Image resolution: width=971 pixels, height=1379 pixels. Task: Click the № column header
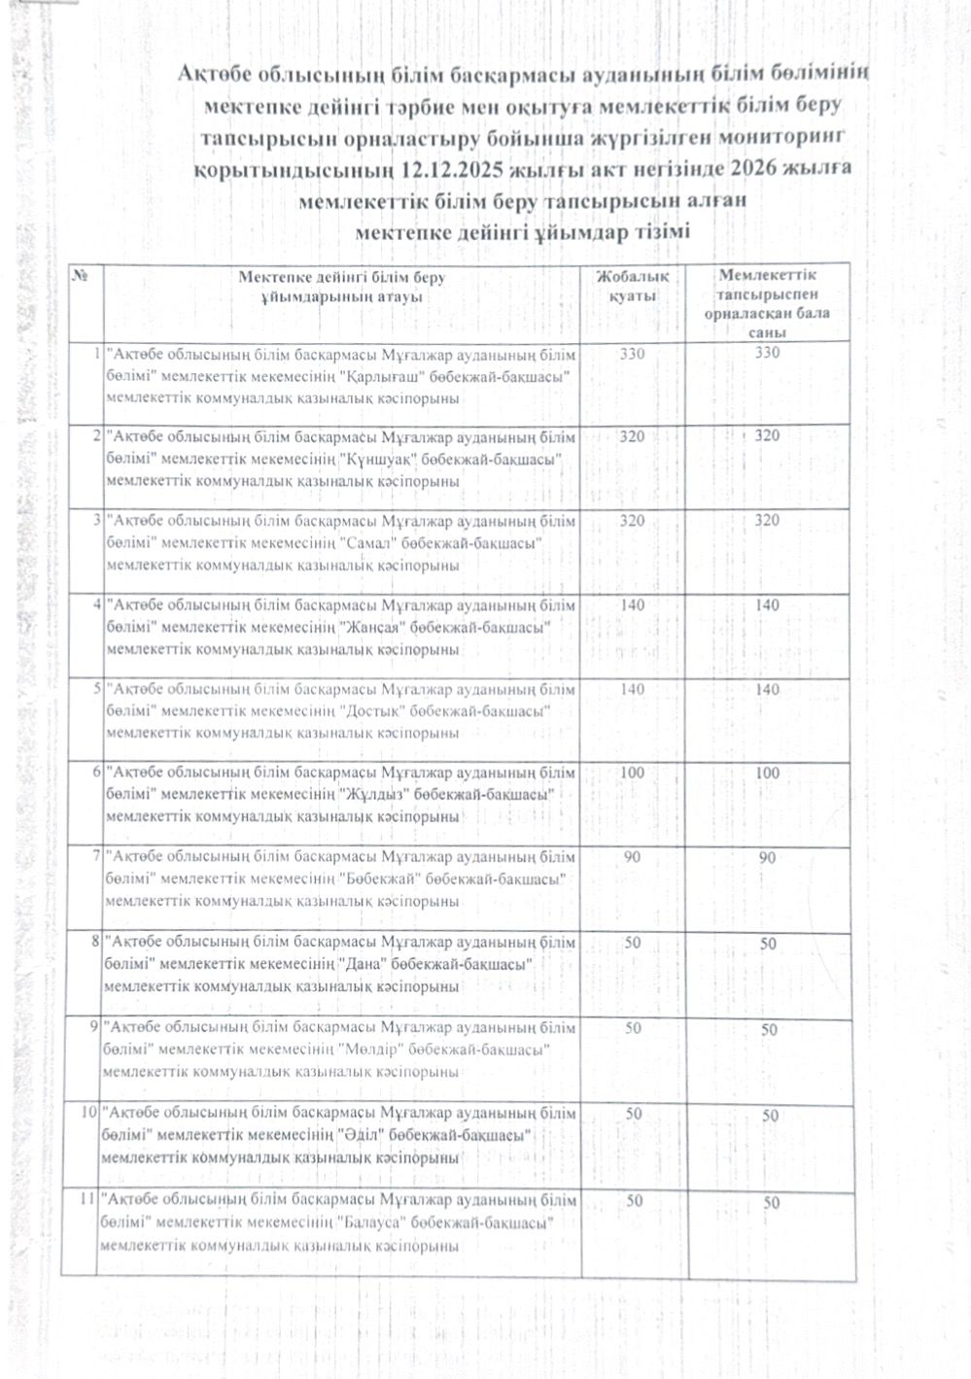point(82,277)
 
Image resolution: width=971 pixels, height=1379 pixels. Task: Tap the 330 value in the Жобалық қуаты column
point(632,354)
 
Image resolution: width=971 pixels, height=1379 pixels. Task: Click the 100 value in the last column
point(768,774)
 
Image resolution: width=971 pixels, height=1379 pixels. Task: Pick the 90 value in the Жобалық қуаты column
point(632,857)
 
